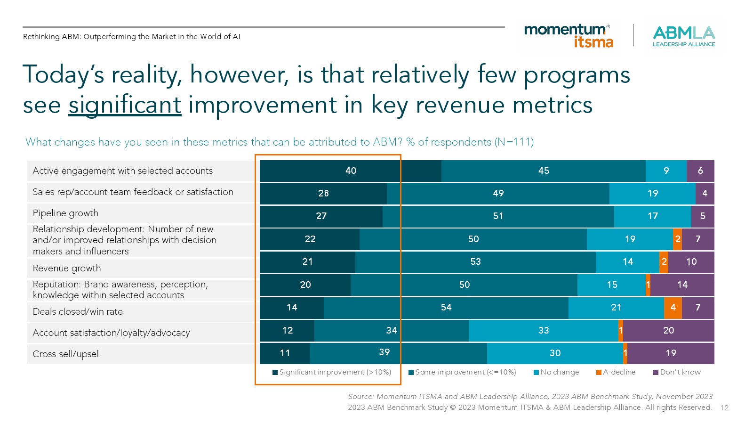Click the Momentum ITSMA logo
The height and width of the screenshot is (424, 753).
tap(569, 36)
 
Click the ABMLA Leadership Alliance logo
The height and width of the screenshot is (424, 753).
tap(683, 36)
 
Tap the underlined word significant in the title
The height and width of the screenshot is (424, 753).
tap(125, 105)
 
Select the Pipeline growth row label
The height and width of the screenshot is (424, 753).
tap(65, 213)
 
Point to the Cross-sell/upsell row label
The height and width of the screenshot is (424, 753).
tap(67, 354)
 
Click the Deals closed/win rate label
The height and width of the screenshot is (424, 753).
tap(78, 311)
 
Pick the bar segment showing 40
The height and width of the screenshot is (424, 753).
tap(350, 171)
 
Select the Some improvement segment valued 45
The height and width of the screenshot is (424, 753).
tap(543, 171)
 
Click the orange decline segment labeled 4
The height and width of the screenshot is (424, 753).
tap(673, 308)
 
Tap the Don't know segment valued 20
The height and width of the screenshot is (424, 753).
tap(668, 330)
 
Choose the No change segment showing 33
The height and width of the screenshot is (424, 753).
tap(543, 330)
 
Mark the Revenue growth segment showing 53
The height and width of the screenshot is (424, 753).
tap(475, 262)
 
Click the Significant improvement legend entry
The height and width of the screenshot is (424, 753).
tap(332, 372)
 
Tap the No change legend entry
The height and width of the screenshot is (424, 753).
tap(556, 372)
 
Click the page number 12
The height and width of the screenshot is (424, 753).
tap(724, 408)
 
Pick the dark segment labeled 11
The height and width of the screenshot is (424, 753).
tap(285, 353)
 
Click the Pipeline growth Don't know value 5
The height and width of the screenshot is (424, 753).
tap(703, 216)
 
